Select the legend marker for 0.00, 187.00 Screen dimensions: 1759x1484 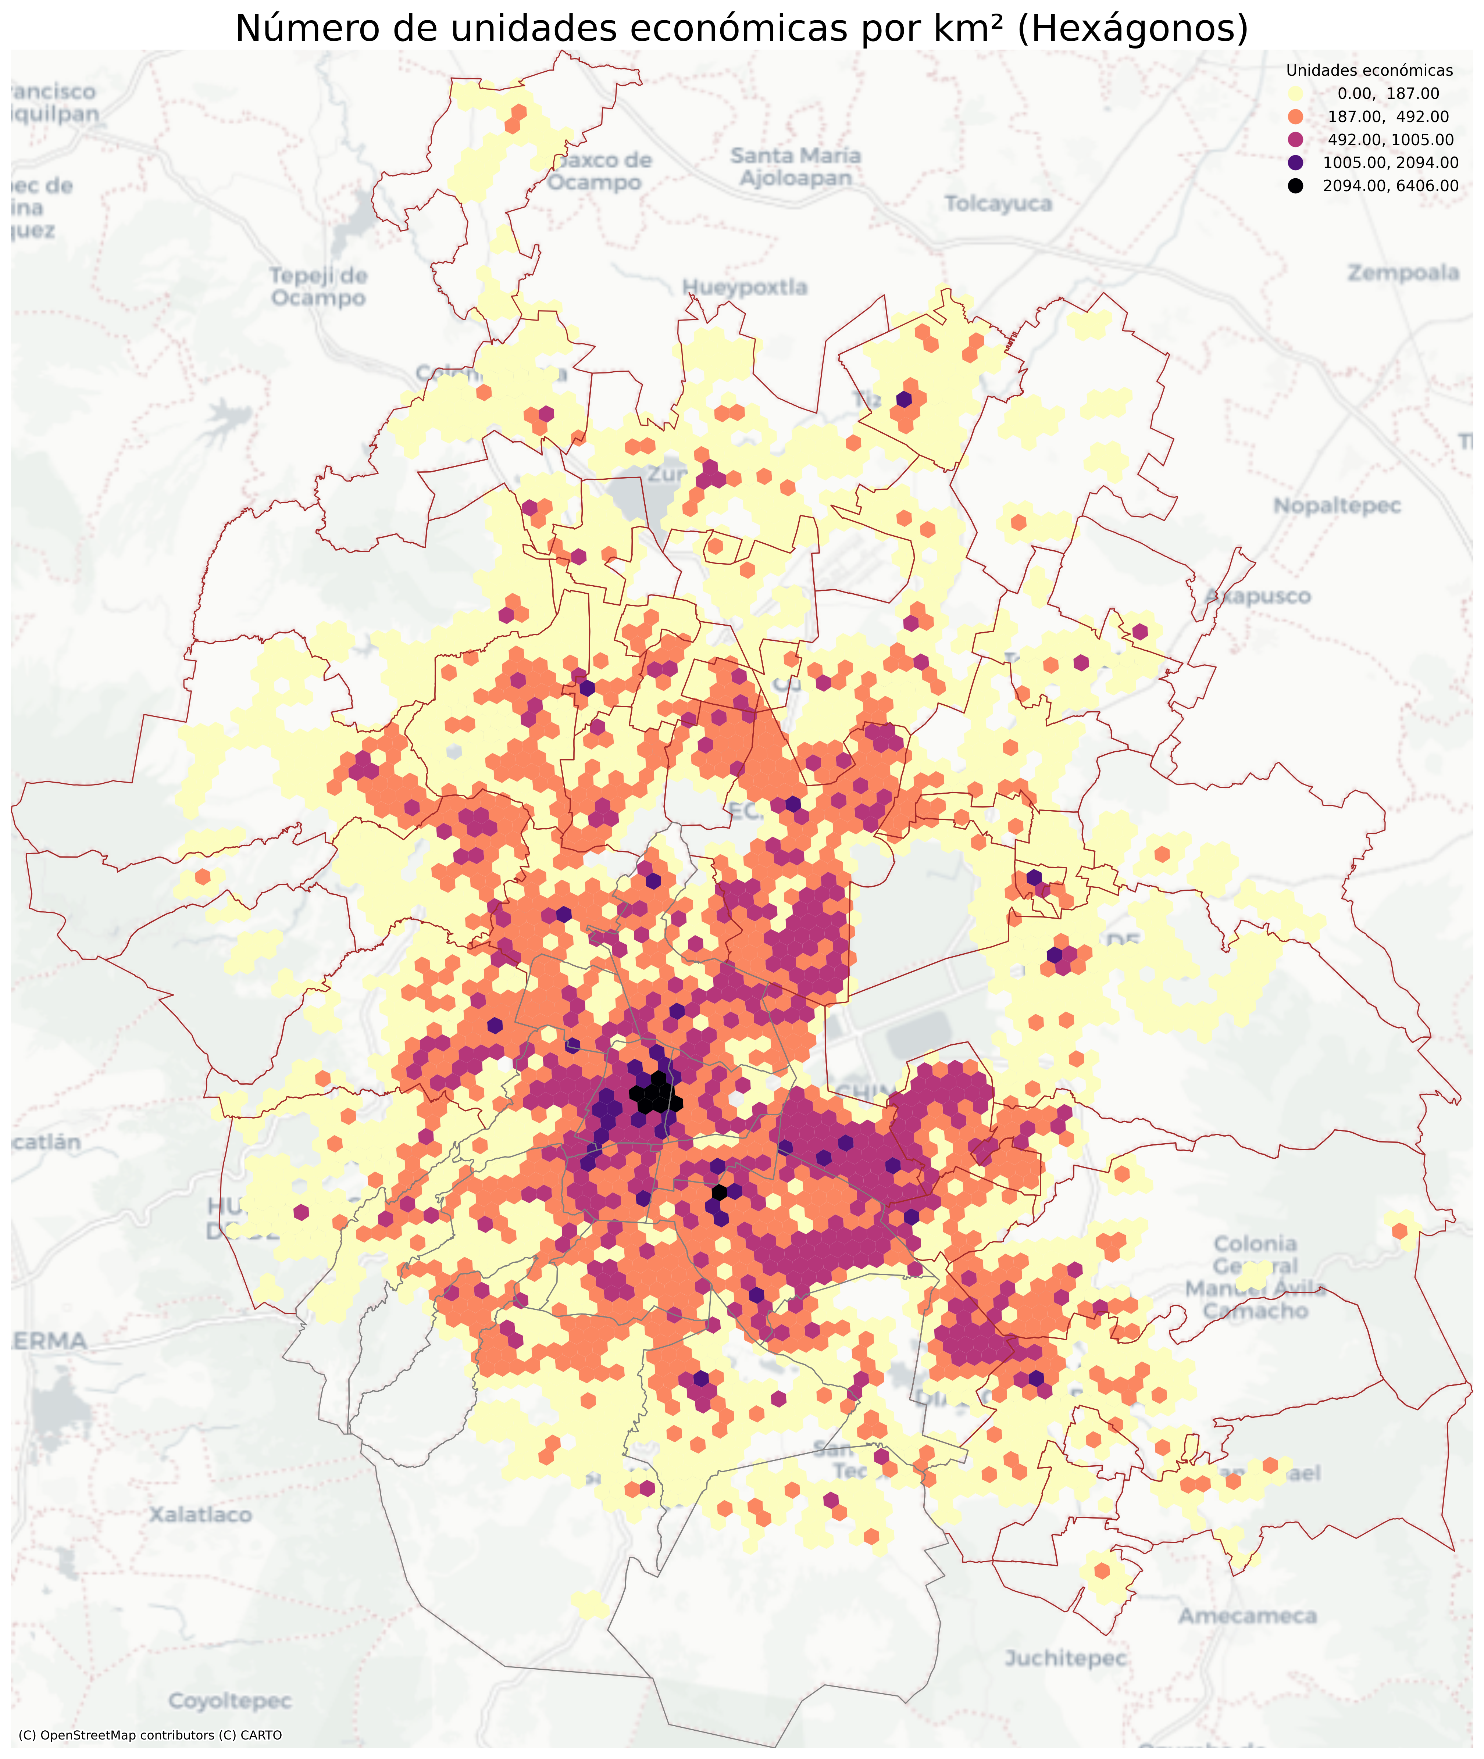coord(1295,93)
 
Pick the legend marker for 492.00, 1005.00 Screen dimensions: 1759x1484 coord(1295,140)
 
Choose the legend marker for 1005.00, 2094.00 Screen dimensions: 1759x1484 coord(1295,162)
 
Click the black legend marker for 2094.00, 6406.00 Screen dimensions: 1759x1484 coord(1295,186)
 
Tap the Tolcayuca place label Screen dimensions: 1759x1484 coord(998,204)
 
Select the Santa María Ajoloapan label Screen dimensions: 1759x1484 coord(795,167)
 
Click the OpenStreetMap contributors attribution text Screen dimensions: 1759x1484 coord(150,1735)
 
